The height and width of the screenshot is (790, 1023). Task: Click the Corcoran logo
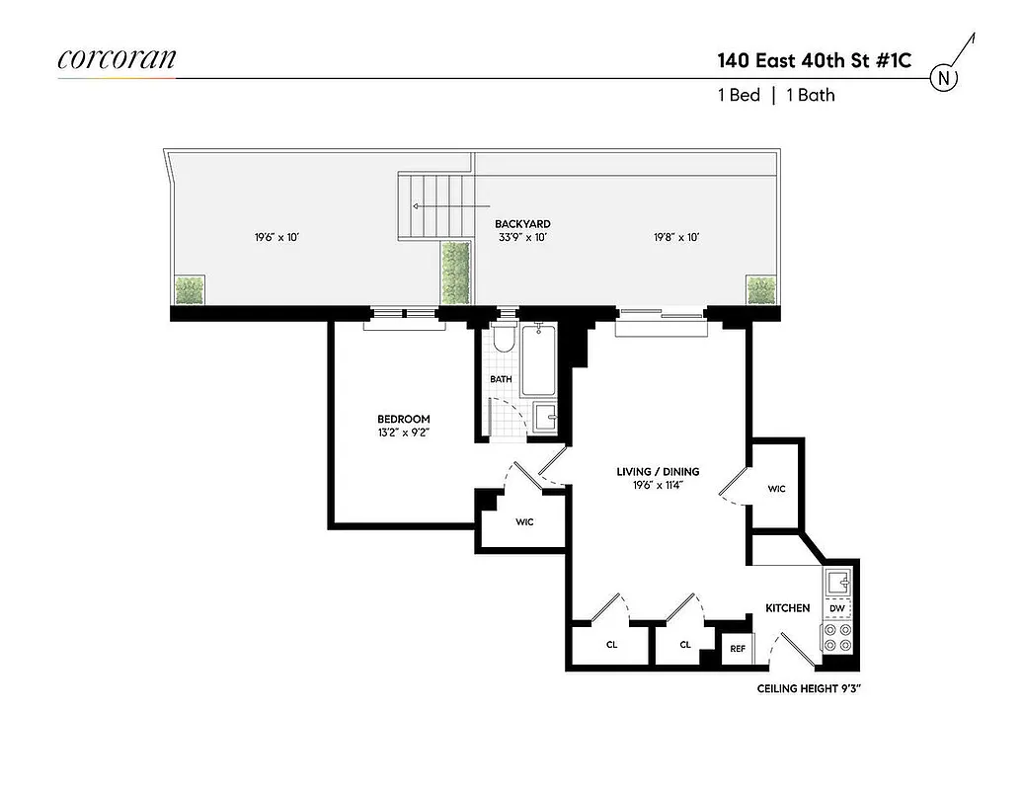tap(117, 59)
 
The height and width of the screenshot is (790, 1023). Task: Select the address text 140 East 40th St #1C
tap(814, 60)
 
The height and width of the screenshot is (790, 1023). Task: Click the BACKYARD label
tap(522, 224)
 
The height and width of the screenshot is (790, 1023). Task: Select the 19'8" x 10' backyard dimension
tap(676, 237)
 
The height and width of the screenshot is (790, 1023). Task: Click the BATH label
tap(501, 379)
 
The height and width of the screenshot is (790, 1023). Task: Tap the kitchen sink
tap(837, 581)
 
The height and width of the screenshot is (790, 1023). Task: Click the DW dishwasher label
tap(837, 607)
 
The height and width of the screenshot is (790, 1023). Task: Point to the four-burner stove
tap(837, 637)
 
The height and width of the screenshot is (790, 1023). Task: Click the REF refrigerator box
tap(737, 649)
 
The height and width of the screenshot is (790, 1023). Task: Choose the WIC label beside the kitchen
tap(776, 489)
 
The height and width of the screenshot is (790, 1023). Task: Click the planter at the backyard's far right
tap(761, 290)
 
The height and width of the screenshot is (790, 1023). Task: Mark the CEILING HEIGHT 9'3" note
tap(809, 688)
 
